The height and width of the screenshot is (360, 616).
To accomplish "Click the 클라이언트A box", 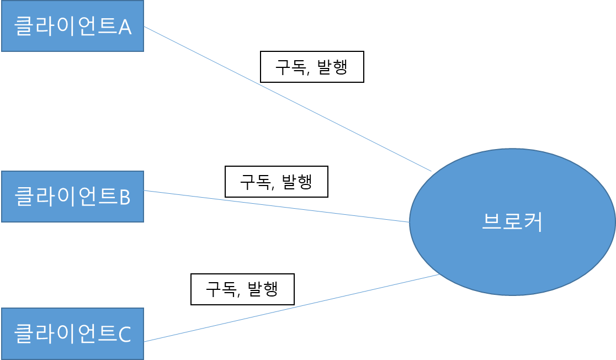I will (x=72, y=26).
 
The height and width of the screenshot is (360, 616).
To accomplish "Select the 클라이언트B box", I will (x=72, y=197).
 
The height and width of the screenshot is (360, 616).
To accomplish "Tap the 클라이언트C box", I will (x=72, y=333).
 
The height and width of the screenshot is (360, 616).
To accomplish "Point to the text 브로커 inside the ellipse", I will (x=512, y=222).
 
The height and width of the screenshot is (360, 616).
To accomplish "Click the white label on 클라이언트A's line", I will (x=312, y=67).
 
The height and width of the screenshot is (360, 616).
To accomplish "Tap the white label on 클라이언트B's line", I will (x=277, y=182).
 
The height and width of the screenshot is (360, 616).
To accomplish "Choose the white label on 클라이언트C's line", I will (x=242, y=289).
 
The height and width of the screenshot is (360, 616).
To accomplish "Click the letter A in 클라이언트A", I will (x=125, y=27).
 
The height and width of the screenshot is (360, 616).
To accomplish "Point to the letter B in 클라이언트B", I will (x=125, y=197).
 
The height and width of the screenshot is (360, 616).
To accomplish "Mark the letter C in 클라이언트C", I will (x=125, y=334).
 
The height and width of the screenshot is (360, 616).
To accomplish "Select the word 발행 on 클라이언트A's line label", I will (x=332, y=67).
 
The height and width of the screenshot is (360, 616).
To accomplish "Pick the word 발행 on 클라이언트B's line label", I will (x=297, y=182).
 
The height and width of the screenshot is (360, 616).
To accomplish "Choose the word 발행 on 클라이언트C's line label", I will (x=263, y=289).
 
